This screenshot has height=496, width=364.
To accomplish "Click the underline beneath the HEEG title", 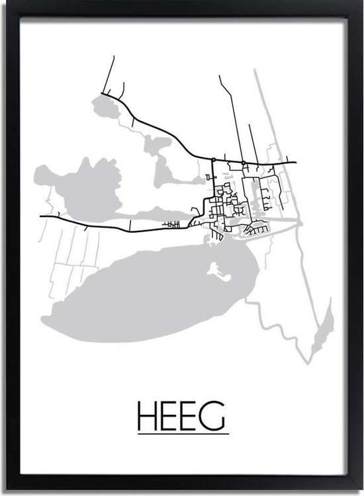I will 182,433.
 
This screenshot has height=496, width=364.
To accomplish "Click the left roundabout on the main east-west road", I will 214,160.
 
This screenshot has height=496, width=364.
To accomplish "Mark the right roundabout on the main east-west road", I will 244,162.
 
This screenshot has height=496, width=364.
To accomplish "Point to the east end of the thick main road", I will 295,162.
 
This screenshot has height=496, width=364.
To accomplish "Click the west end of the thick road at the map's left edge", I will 40,216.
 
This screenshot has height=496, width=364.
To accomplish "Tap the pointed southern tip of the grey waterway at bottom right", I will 308,363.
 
